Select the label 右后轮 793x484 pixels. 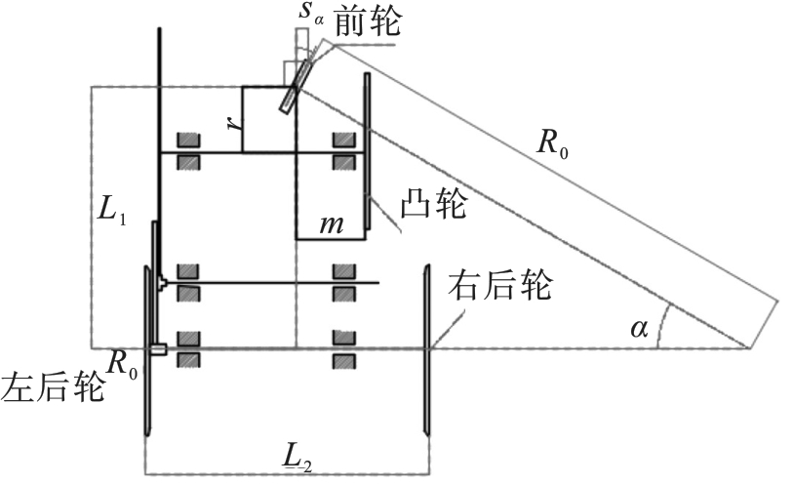(x=499, y=288)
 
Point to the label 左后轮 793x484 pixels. (x=52, y=386)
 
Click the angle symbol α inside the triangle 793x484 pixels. (x=639, y=329)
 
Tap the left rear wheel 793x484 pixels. (x=146, y=349)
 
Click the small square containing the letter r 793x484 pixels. (x=268, y=119)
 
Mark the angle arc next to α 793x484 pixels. (x=661, y=326)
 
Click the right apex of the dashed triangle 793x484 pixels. (x=749, y=347)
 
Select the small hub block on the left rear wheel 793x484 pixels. (x=160, y=348)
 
